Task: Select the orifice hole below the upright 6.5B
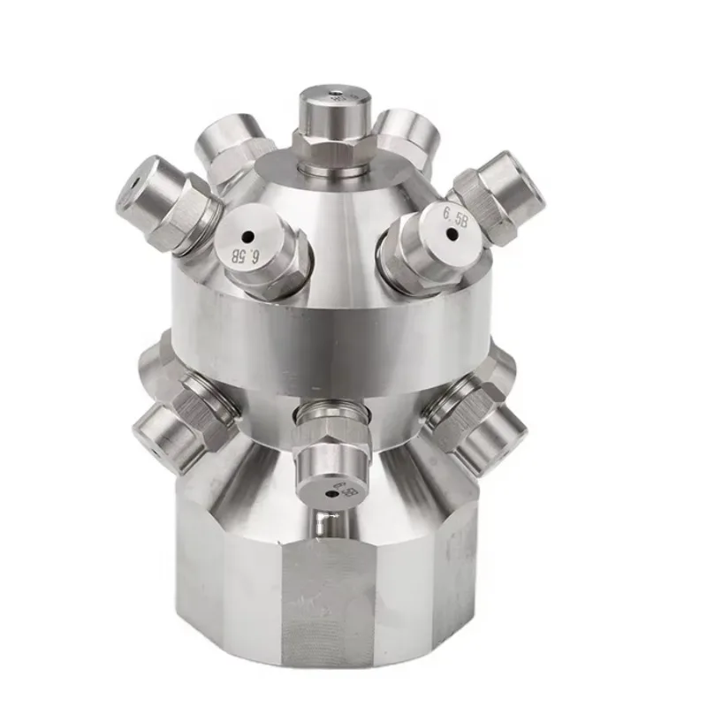pos(456,233)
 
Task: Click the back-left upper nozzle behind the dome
pos(226,141)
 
